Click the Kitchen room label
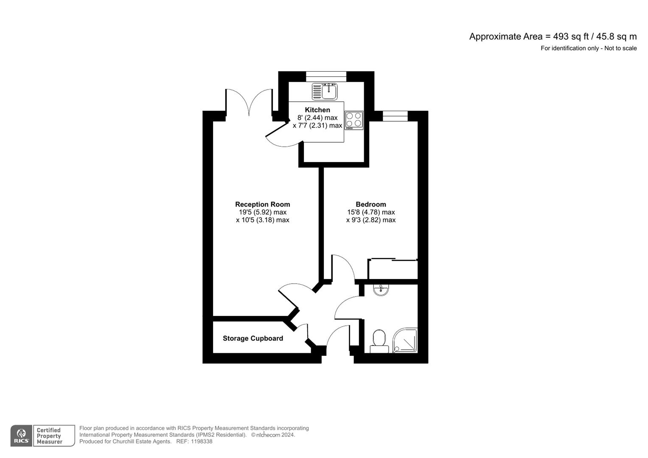point(317,110)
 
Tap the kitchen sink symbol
point(325,91)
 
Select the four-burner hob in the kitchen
point(354,120)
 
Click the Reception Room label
point(262,204)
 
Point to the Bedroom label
point(370,204)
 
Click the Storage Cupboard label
point(253,338)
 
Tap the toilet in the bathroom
point(379,341)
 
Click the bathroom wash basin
point(381,290)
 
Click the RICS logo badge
point(21,436)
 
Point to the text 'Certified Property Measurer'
point(49,436)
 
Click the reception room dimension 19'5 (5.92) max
point(262,212)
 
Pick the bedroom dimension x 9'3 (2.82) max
point(370,220)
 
